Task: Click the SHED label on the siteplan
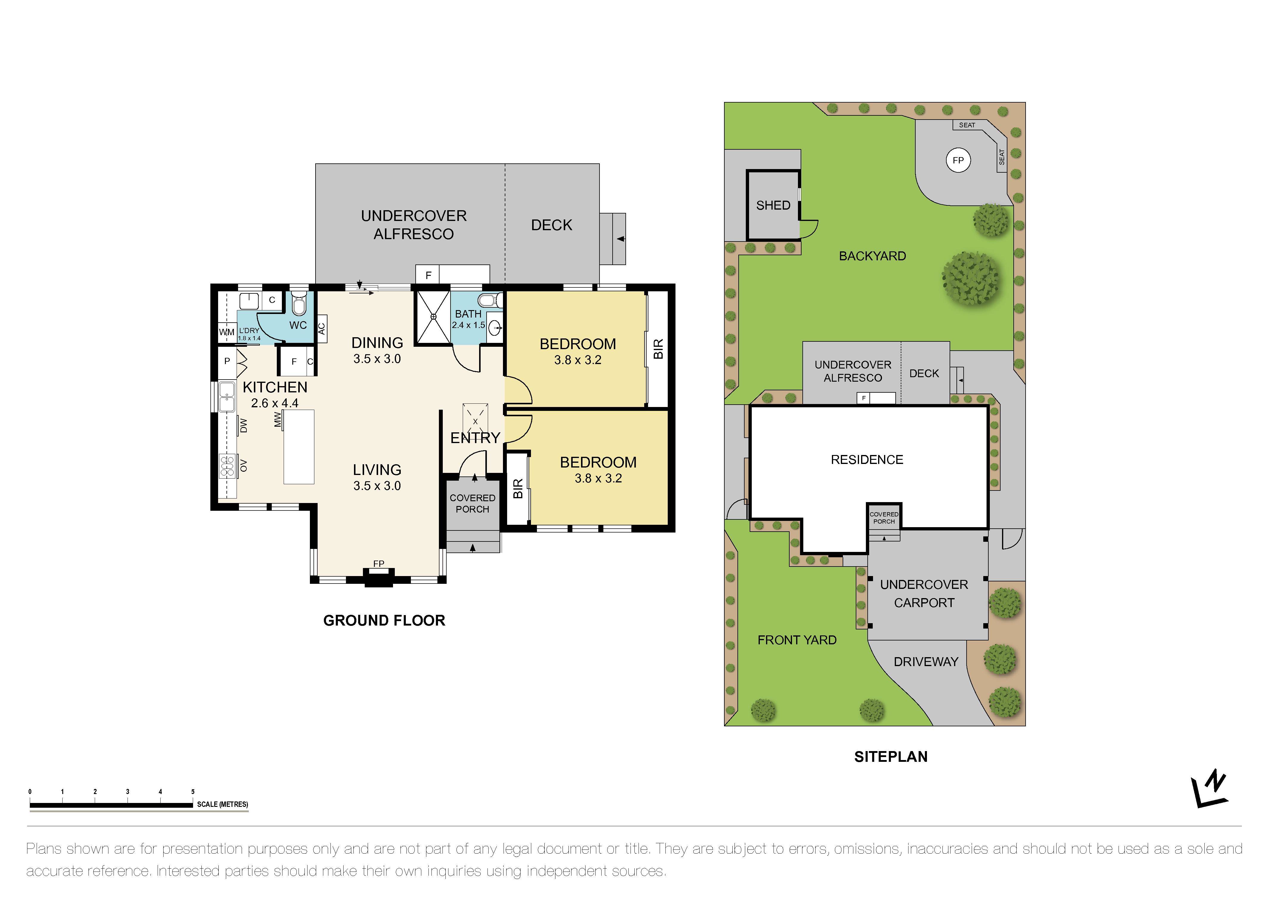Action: coord(773,206)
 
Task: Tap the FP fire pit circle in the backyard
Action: coord(958,160)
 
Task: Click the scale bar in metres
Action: coord(111,805)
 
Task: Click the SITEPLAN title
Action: coord(891,756)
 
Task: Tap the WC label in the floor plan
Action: coord(298,325)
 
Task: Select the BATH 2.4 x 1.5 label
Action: coord(468,319)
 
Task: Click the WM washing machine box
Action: coord(226,332)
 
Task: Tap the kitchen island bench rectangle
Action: coord(299,447)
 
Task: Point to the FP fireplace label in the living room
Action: coord(379,564)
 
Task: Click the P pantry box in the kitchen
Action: coord(227,361)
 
